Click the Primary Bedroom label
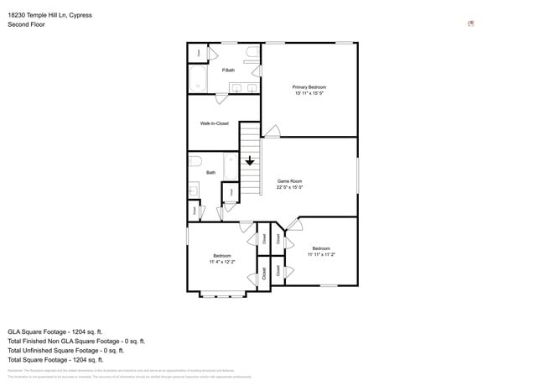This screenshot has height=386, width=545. tap(309, 87)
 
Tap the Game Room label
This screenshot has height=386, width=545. tap(289, 181)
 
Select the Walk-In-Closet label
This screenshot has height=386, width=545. tap(214, 123)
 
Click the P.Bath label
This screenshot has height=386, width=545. tap(228, 70)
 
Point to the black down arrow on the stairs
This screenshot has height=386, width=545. tap(250, 160)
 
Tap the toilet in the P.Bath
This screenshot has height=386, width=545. tap(252, 55)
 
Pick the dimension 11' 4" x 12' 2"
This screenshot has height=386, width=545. tap(222, 262)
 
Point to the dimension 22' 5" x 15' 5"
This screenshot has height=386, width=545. tap(289, 187)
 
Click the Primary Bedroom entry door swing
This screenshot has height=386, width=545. tap(272, 132)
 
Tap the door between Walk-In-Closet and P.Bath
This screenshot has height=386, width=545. tap(221, 99)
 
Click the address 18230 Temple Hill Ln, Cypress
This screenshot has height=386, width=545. tap(49, 14)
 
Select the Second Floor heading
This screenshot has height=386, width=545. tap(26, 24)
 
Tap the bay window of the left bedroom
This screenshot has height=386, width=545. tap(222, 295)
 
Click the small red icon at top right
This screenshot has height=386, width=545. tap(470, 23)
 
